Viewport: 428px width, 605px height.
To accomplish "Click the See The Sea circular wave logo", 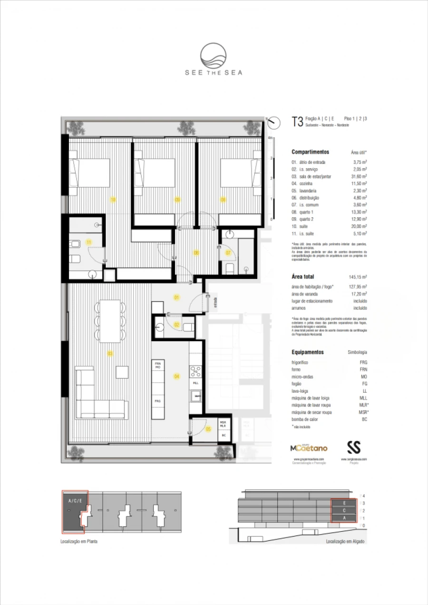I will [x=214, y=56].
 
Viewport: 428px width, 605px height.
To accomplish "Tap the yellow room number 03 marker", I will [x=110, y=353].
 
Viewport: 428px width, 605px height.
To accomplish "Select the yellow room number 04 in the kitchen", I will [x=176, y=376].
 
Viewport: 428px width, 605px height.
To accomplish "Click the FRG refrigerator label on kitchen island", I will [x=157, y=401].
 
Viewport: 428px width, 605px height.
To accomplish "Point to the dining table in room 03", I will [x=110, y=321].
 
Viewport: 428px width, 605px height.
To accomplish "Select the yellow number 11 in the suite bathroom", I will [x=88, y=242].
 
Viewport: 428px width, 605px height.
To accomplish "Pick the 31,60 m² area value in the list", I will [x=359, y=176].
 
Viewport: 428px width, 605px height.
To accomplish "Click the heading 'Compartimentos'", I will [x=310, y=152].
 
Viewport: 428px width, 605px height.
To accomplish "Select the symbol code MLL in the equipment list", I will [x=364, y=398].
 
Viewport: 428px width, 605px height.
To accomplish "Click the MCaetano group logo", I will [x=309, y=448].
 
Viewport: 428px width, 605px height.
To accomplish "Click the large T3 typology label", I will [x=297, y=122].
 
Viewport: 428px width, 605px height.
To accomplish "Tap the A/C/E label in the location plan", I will [x=75, y=501].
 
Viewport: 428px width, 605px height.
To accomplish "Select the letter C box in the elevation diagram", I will [x=344, y=510].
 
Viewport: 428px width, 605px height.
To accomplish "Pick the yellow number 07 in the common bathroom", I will [x=228, y=252].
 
